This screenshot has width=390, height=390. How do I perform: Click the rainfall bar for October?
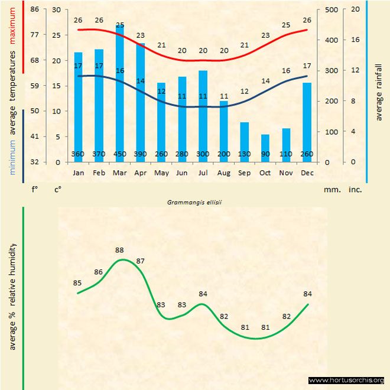(x=266, y=148)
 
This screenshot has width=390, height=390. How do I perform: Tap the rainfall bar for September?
(x=245, y=142)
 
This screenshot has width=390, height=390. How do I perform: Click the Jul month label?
(x=203, y=173)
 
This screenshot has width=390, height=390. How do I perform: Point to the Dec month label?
(x=307, y=173)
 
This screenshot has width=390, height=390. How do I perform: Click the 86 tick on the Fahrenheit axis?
(x=34, y=9)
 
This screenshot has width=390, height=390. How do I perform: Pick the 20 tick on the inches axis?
(x=355, y=9)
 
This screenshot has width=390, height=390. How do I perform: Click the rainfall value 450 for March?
(x=120, y=155)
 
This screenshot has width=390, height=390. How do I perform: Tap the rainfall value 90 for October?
(x=266, y=155)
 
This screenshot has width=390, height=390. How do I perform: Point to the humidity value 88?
(x=120, y=250)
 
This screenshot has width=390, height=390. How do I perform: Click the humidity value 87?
(x=141, y=261)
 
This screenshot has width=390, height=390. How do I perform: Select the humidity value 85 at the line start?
(x=77, y=283)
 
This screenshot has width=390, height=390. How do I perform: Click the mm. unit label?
(x=331, y=190)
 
